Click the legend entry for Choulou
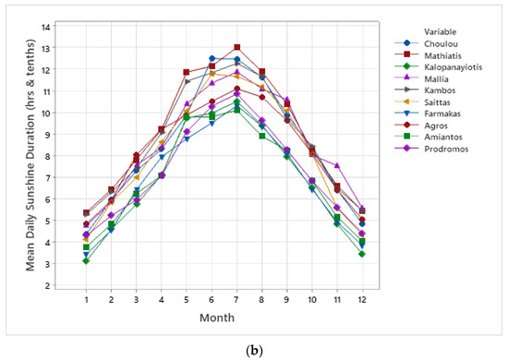429,44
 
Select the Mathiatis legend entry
429,57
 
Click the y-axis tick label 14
46,26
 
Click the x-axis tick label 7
237,299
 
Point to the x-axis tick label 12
362,299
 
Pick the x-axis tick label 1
86,299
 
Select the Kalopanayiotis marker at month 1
86,261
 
